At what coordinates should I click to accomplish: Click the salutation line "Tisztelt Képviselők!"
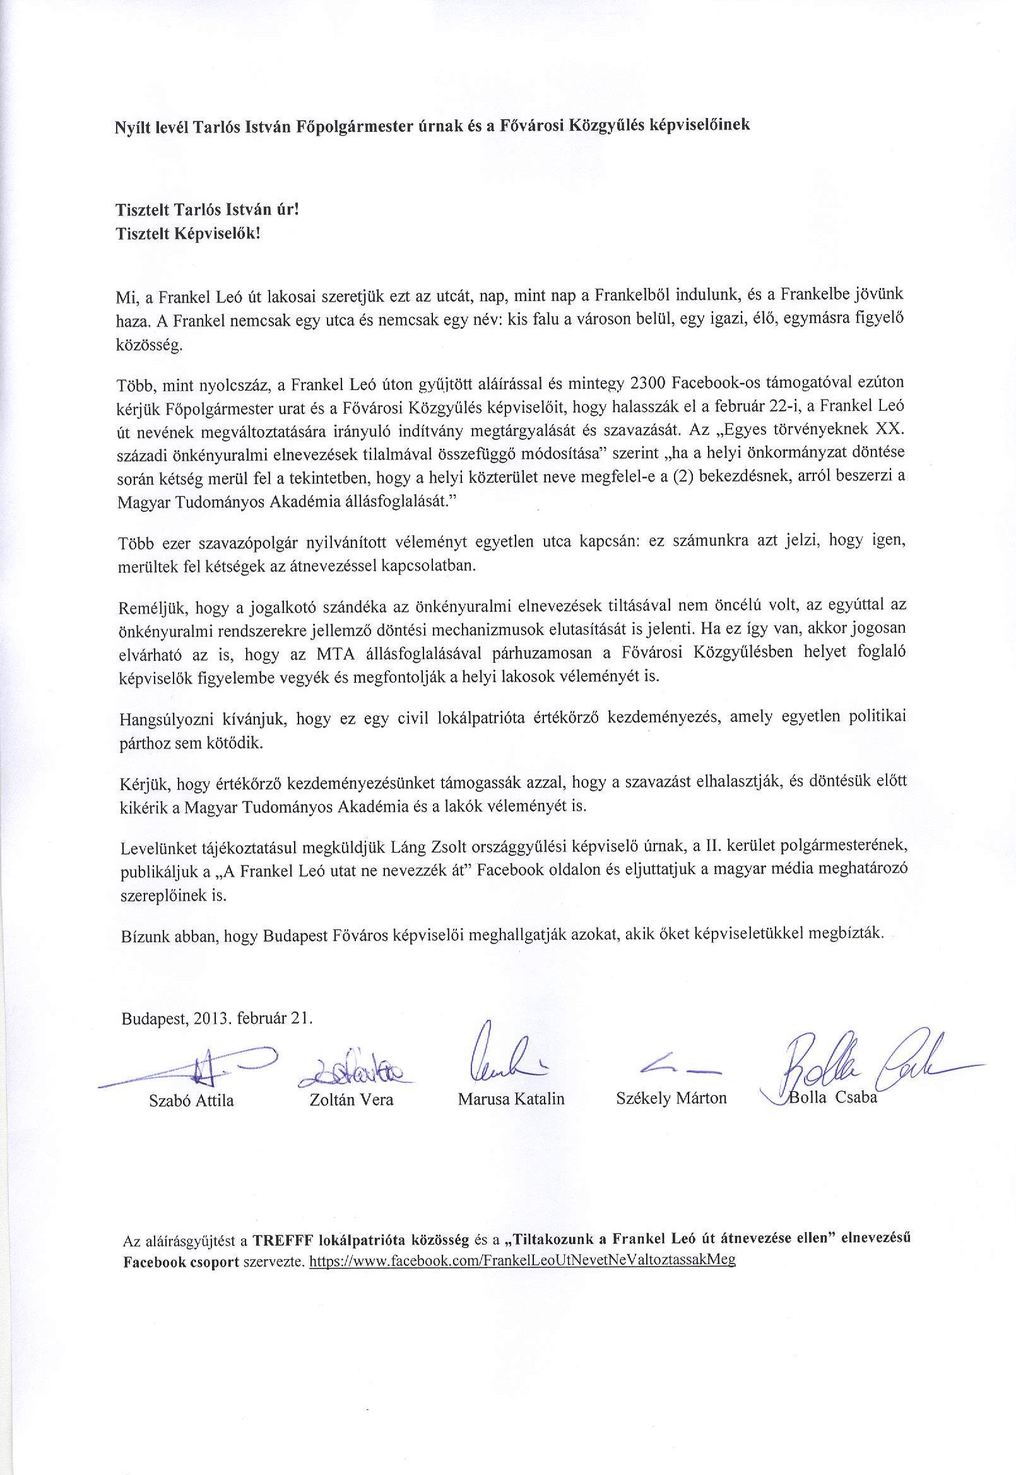[188, 234]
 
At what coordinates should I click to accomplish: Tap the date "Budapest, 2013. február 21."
[217, 1018]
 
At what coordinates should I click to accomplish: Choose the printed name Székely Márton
[671, 1098]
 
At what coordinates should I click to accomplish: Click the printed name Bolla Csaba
[832, 1098]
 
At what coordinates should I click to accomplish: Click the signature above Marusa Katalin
[503, 1057]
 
